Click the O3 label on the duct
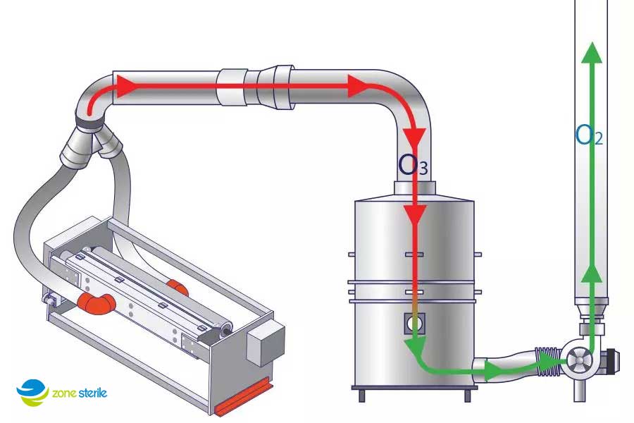click(412, 164)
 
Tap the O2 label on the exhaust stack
click(589, 135)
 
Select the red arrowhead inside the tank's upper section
click(415, 215)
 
